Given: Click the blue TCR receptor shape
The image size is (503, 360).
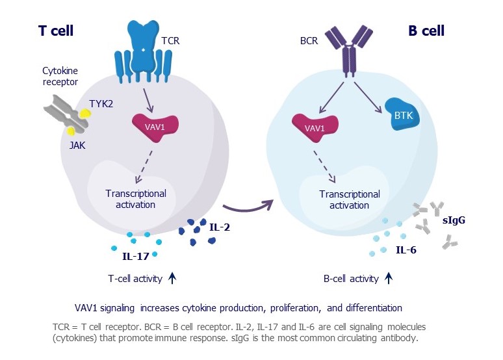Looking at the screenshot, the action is pyautogui.click(x=143, y=51).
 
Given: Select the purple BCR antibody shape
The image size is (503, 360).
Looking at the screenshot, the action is pyautogui.click(x=349, y=51).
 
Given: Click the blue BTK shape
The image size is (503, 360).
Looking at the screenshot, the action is pyautogui.click(x=402, y=114).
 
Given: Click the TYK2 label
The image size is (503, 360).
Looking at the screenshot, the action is pyautogui.click(x=101, y=104).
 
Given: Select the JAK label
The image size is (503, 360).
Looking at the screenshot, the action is pyautogui.click(x=77, y=146).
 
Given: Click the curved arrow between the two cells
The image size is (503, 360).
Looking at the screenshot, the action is pyautogui.click(x=248, y=208).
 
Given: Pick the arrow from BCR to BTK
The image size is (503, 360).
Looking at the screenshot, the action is pyautogui.click(x=368, y=97).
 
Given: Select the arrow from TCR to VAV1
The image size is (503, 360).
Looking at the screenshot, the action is pyautogui.click(x=148, y=101).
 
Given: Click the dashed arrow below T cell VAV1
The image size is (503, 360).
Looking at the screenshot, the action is pyautogui.click(x=144, y=167).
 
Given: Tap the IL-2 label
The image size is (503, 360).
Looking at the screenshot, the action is pyautogui.click(x=220, y=227).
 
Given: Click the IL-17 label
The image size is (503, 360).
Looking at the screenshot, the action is pyautogui.click(x=136, y=257).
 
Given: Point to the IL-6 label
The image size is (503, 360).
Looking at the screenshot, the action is pyautogui.click(x=406, y=250).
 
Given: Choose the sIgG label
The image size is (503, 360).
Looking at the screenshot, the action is pyautogui.click(x=454, y=220).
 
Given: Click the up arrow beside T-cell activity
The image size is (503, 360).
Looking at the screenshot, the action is pyautogui.click(x=172, y=278).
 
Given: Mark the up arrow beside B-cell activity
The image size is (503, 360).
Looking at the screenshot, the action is pyautogui.click(x=389, y=278).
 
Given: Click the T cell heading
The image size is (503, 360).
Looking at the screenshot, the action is pyautogui.click(x=56, y=31).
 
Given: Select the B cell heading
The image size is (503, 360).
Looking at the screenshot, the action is pyautogui.click(x=426, y=31).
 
